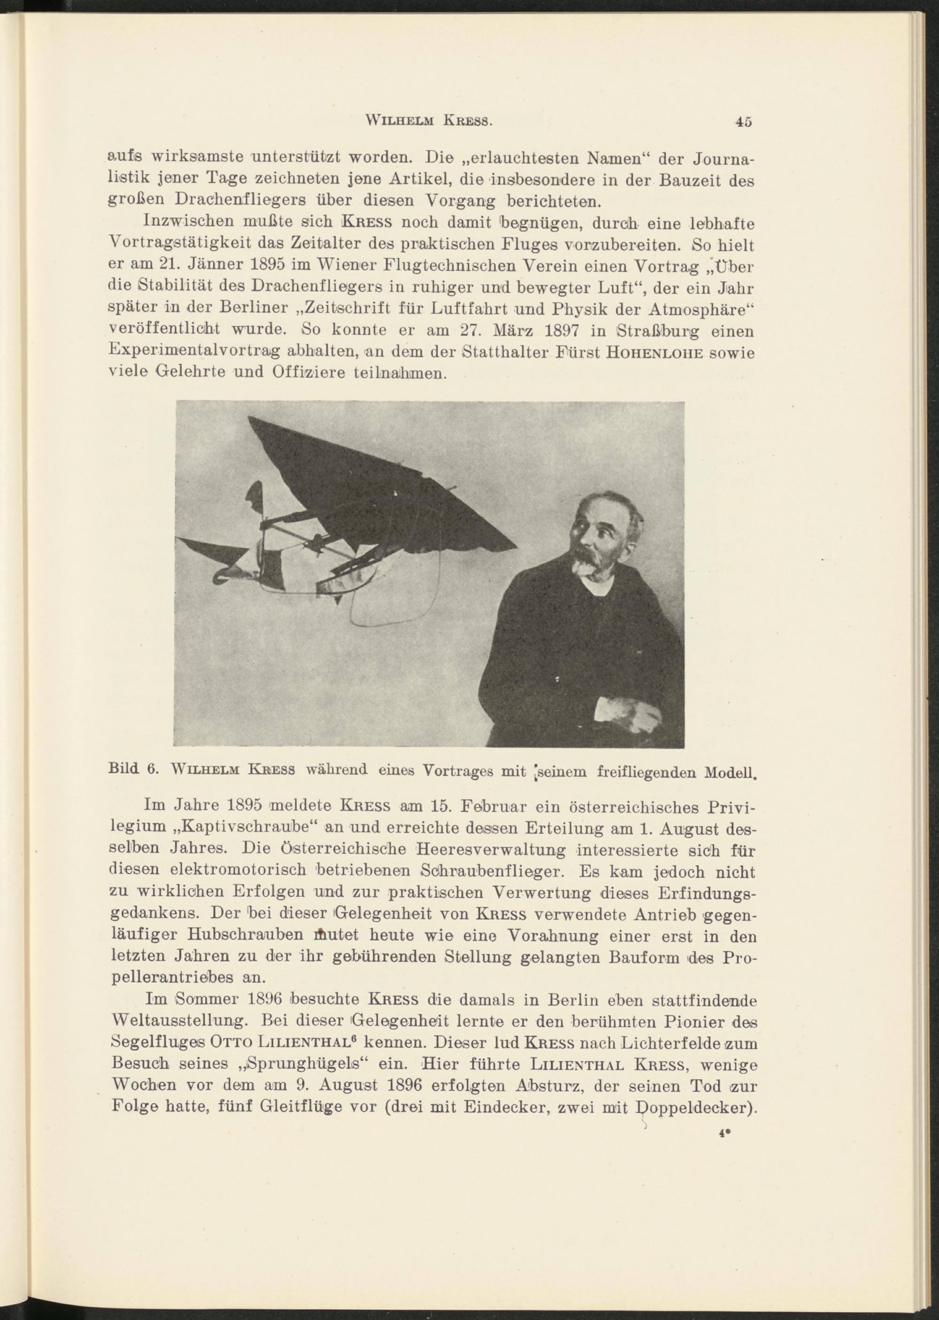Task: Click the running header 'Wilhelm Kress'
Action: [x=430, y=123]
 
